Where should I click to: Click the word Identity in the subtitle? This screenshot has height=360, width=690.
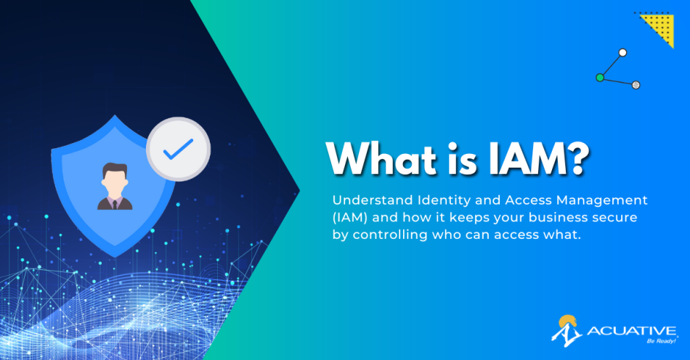click(438, 199)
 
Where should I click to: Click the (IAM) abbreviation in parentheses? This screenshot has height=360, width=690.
click(349, 217)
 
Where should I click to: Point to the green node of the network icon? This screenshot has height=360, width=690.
click(600, 77)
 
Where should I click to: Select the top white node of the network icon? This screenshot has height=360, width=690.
click(622, 52)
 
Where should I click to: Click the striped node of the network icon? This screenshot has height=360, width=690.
click(636, 85)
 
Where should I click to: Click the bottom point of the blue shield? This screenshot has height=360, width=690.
click(113, 255)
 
